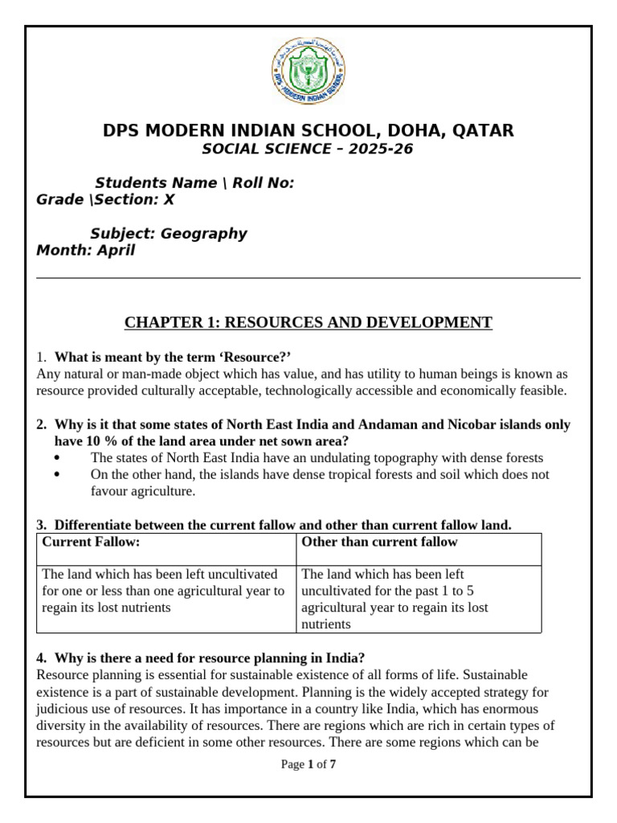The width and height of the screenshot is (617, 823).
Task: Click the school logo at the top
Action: point(308,72)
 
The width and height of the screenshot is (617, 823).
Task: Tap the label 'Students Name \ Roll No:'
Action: point(194,183)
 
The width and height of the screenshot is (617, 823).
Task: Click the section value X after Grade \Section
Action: point(169,200)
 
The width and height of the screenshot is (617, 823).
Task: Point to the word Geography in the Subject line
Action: point(204,234)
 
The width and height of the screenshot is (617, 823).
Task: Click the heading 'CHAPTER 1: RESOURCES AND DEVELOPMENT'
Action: point(308,323)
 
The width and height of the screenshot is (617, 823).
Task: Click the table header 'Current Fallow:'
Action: point(91,543)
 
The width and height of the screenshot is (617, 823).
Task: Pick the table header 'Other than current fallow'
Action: point(379,543)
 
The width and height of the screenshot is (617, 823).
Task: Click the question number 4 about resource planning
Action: point(40,657)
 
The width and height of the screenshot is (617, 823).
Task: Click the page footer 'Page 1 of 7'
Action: point(308,764)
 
